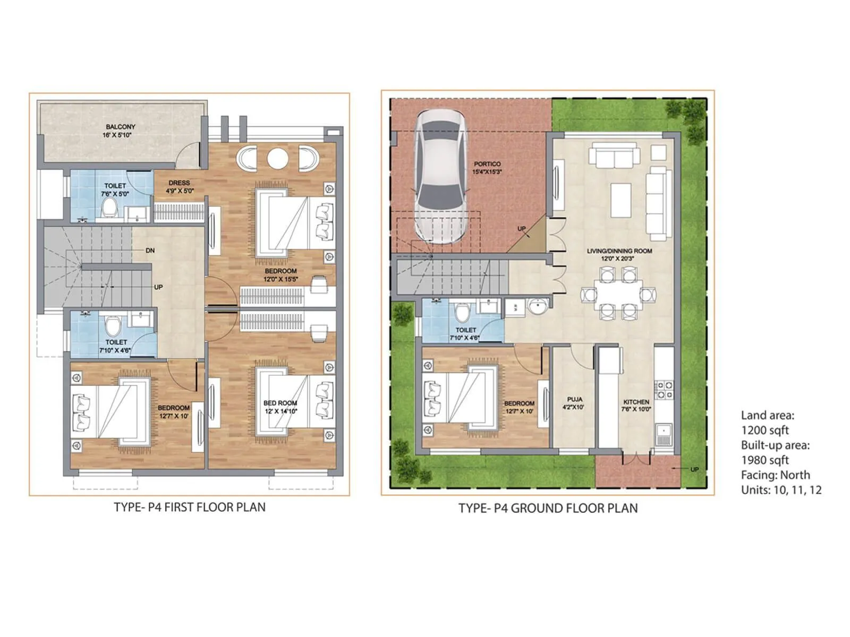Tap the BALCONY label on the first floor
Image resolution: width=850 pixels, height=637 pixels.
pos(120,127)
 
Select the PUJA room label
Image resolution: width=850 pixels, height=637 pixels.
pos(574,400)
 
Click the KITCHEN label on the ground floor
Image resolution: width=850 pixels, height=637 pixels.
pos(636,402)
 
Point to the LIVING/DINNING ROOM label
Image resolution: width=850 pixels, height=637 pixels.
pos(619,251)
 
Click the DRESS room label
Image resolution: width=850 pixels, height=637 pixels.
pos(179,183)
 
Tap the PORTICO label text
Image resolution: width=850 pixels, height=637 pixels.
pos(487,165)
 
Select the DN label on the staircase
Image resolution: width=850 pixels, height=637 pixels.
pos(150,251)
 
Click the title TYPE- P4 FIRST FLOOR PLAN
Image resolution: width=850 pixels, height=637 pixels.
pos(190,507)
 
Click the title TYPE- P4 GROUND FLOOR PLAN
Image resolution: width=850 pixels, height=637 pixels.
pos(548,509)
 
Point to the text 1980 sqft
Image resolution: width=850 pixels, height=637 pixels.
pos(765,460)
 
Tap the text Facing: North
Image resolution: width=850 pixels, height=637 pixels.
pos(776,475)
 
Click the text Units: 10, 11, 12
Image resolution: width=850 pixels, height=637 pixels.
pos(781,490)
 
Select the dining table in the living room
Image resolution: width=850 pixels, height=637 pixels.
pos(615,294)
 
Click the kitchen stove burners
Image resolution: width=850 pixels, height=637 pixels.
pos(664,390)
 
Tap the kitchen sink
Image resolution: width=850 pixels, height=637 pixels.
pos(663,434)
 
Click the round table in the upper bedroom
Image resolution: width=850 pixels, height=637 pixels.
pos(277,158)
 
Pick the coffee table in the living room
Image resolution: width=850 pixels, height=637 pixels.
pos(620,200)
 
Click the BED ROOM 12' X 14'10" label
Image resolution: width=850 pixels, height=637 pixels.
pos(280,407)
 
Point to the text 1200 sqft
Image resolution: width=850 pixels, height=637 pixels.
pos(765,431)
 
